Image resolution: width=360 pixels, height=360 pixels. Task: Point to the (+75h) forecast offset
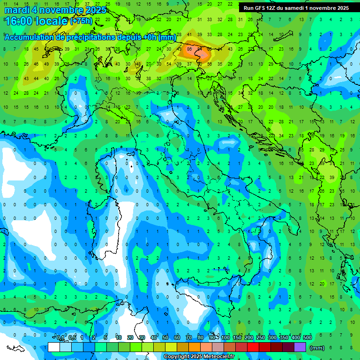[82, 21]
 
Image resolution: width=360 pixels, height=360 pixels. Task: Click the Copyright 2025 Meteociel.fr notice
[199, 357]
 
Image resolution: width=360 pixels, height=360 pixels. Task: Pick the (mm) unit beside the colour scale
[317, 347]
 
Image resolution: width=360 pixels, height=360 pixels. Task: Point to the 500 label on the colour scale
[307, 337]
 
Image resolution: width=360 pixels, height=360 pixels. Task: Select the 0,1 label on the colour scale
[60, 337]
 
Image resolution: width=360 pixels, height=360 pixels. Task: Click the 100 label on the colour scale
[225, 337]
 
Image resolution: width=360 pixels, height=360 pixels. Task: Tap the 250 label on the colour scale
[261, 337]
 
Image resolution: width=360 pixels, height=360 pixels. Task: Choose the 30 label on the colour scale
[142, 337]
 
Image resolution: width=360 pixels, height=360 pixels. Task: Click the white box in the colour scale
[54, 347]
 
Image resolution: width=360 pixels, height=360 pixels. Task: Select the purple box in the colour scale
[300, 347]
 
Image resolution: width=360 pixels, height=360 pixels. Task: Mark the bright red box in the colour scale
[253, 347]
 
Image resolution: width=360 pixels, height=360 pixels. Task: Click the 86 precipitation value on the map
[189, 48]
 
